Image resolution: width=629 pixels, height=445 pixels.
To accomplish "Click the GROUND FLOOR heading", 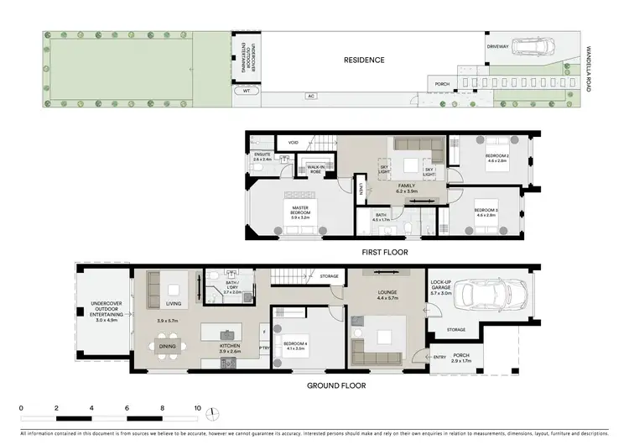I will click(x=335, y=385).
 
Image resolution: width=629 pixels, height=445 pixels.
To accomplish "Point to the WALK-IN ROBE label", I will click(x=316, y=169).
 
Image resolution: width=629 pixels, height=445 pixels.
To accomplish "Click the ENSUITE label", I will click(x=263, y=156).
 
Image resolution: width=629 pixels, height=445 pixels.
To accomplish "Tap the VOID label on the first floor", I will click(x=293, y=143).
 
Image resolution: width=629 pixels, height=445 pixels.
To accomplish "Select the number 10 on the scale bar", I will click(x=198, y=407).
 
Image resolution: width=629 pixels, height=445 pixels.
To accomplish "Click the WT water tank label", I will click(x=247, y=90).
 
